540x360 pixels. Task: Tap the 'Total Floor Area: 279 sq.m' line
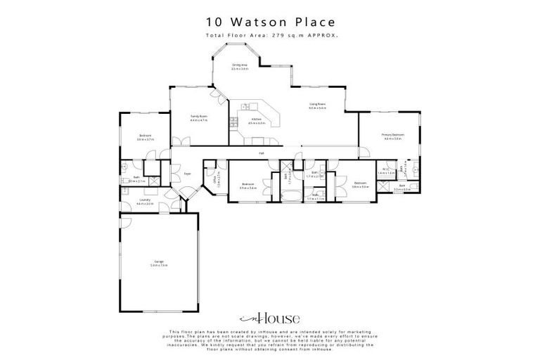click(x=271, y=35)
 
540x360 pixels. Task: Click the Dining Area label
click(x=240, y=67)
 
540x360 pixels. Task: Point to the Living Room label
click(x=317, y=106)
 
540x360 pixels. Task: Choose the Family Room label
click(x=199, y=117)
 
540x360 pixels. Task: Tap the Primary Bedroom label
click(x=392, y=136)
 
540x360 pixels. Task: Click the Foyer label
click(x=187, y=173)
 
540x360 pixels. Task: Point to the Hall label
click(x=261, y=153)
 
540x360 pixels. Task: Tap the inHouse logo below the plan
click(x=270, y=316)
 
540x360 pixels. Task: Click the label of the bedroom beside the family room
click(x=146, y=138)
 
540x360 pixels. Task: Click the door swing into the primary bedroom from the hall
click(x=361, y=151)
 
